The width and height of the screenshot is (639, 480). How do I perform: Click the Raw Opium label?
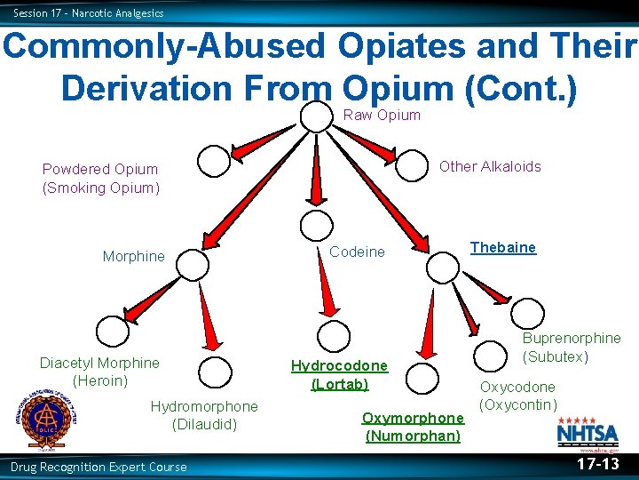(382, 115)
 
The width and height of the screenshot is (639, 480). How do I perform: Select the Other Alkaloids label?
(490, 166)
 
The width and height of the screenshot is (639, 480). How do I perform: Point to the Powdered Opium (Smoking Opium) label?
(100, 178)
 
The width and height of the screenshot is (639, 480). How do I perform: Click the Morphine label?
(133, 256)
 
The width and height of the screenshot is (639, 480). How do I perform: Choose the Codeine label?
(357, 252)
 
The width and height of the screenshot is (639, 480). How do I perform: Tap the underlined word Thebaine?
(502, 247)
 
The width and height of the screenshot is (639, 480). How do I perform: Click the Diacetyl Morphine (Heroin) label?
(99, 372)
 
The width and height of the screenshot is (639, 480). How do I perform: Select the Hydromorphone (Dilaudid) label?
(204, 415)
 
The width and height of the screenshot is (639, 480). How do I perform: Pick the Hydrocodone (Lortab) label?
(339, 375)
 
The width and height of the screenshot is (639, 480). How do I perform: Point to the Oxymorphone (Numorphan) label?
(413, 427)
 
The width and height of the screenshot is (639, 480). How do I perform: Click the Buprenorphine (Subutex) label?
(571, 348)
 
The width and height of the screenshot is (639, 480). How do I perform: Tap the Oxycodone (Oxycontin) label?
(517, 396)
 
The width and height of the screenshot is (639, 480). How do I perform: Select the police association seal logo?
(42, 419)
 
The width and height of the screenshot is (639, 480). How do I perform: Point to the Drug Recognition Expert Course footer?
(99, 467)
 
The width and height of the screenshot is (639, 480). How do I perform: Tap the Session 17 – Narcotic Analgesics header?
(89, 12)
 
